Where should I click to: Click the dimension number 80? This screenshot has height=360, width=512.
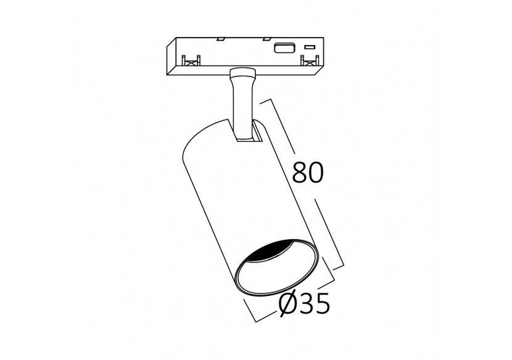307,173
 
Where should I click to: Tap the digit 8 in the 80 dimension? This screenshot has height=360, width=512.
299,173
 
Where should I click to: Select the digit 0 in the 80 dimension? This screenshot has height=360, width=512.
316,173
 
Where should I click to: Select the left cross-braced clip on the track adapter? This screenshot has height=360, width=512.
192,60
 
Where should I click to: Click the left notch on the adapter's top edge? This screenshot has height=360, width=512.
219,39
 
